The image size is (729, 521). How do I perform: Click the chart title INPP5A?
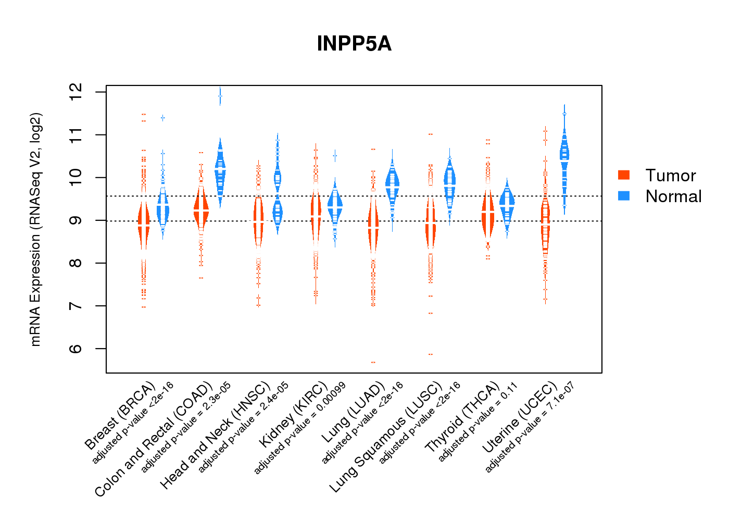coord(354,44)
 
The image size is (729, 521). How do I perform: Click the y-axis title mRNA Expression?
coord(35,229)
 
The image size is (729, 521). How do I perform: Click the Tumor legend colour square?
coord(624,175)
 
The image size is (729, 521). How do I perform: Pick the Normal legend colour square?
coord(624,196)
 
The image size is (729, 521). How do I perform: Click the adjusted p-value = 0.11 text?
coord(478,422)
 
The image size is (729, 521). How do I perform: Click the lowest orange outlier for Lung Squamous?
coord(431,354)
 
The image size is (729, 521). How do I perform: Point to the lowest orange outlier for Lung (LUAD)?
coord(373,362)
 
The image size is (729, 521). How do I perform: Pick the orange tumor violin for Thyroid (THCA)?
coord(488,214)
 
